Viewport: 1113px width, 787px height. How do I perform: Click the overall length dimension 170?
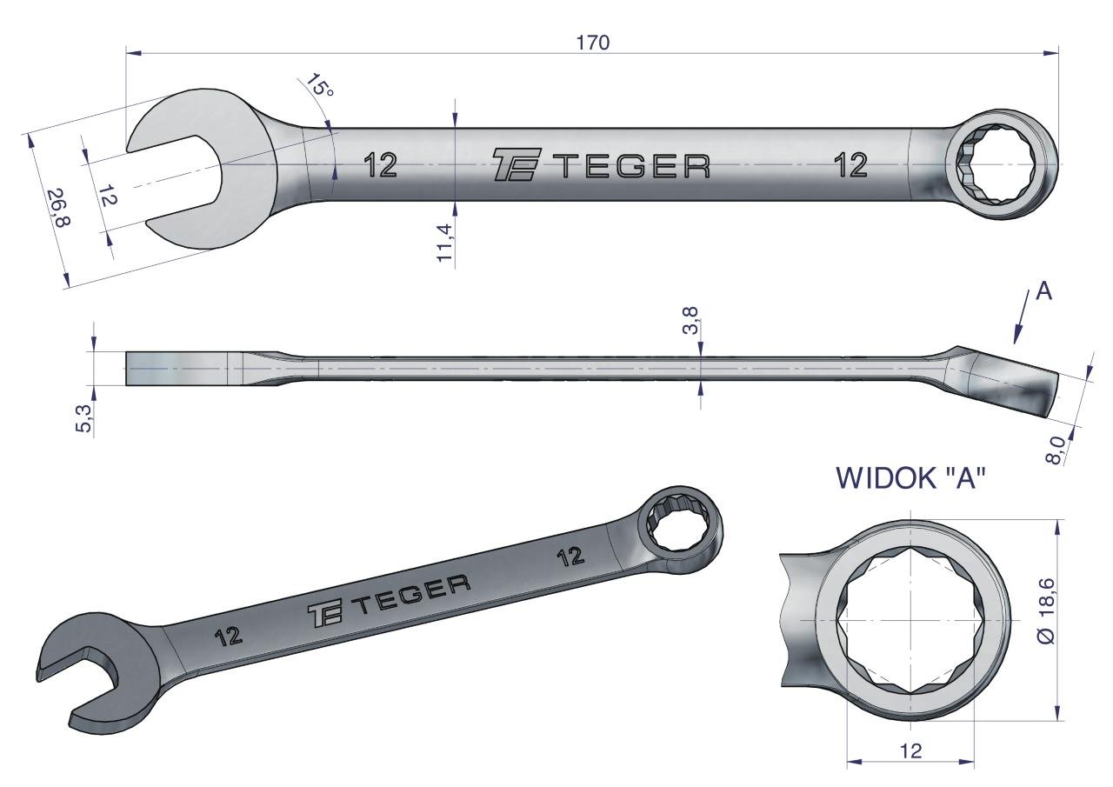pos(593,43)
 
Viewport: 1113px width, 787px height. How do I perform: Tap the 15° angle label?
pos(319,85)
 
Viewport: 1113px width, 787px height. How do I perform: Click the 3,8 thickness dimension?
pos(691,321)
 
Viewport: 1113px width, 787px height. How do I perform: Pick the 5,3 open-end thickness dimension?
pos(84,418)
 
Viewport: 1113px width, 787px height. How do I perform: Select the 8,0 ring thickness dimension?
pos(1055,450)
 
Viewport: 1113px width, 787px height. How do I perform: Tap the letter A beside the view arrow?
pos(1044,291)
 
